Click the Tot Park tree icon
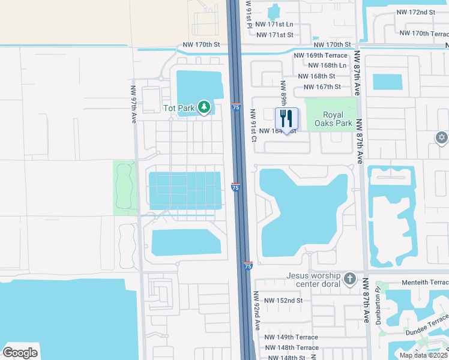click(205, 107)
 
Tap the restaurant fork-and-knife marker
click(286, 118)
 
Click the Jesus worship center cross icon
click(351, 280)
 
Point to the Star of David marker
click(442, 139)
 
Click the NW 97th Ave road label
click(134, 104)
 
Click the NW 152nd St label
click(283, 300)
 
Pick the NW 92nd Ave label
click(256, 311)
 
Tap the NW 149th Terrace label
click(292, 337)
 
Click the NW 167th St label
click(320, 87)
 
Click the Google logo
click(20, 352)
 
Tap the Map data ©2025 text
click(423, 355)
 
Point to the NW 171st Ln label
click(274, 25)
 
